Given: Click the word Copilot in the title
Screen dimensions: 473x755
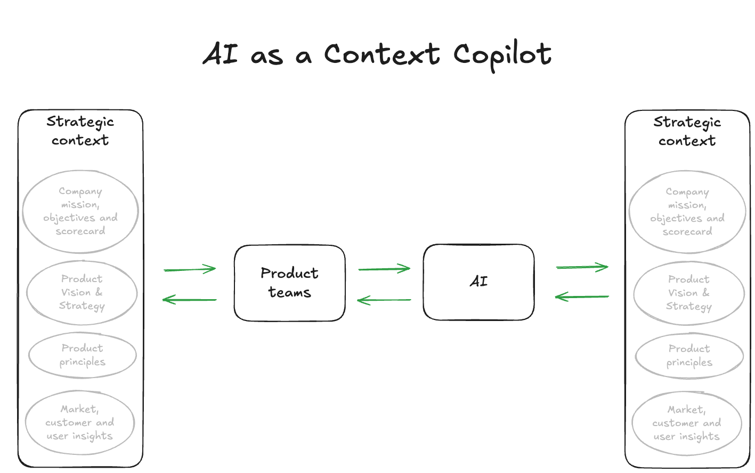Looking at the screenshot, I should (x=502, y=55).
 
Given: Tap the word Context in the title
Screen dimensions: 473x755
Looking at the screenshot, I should (x=382, y=54).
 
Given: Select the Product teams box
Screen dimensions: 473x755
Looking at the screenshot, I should (x=289, y=283).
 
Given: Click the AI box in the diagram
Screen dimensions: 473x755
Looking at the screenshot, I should (x=478, y=282).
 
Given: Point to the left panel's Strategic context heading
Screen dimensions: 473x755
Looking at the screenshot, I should (x=80, y=131).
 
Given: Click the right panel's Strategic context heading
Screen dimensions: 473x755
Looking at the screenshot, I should (x=687, y=131).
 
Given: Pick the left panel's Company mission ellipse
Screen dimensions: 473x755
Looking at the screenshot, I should (x=80, y=211).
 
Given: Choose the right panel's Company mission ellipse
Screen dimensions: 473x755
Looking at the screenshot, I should (x=687, y=212).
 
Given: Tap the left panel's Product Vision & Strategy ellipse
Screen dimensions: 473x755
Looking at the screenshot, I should (x=82, y=292).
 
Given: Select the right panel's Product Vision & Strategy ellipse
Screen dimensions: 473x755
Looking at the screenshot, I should (x=688, y=293).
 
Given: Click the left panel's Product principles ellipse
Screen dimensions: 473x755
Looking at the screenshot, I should (x=83, y=355).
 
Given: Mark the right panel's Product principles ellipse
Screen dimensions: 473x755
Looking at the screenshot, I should (x=689, y=355).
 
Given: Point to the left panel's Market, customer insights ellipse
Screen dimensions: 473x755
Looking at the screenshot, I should (x=80, y=422).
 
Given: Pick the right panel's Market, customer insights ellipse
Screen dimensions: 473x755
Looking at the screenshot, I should (x=686, y=423).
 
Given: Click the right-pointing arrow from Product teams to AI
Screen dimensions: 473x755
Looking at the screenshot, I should (x=384, y=269).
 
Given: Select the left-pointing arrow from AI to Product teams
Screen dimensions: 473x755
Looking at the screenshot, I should (x=384, y=300).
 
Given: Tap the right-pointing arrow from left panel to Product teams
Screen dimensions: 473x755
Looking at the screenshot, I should (x=190, y=269).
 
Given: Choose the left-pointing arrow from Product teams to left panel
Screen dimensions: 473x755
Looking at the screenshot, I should (x=190, y=300).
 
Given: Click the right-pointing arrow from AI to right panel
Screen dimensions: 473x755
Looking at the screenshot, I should (x=582, y=267).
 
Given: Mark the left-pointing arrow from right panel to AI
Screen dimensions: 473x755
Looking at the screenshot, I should (x=582, y=296).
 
